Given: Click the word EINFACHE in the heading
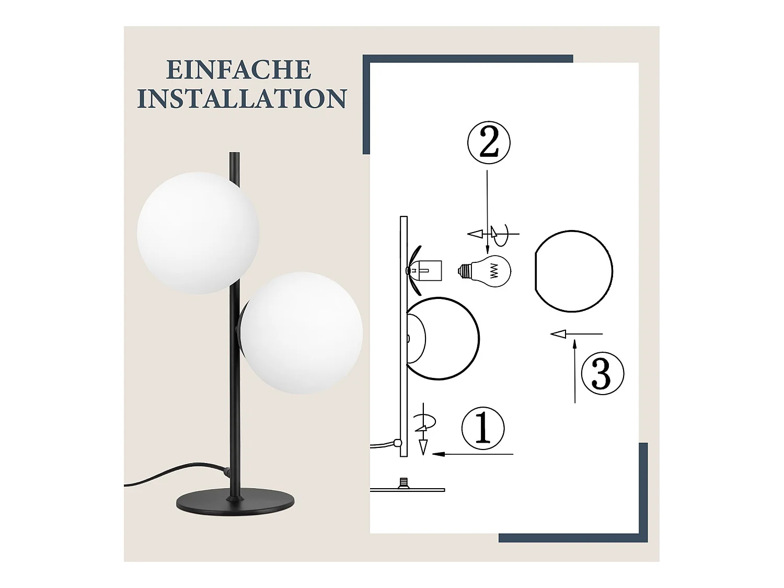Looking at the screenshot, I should point(239,70).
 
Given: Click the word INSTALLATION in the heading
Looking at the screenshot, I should point(241,99).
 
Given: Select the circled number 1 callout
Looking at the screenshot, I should point(483,428).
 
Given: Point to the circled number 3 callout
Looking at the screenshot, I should point(602,373).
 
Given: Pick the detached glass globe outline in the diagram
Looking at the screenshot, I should point(573,271).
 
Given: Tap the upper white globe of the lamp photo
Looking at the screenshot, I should point(198,233).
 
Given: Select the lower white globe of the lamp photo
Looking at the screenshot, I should point(302,333).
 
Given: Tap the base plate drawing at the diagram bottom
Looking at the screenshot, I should point(408,489).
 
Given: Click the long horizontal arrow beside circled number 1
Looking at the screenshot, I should point(473,454).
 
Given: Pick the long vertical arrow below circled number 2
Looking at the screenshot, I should point(487,209).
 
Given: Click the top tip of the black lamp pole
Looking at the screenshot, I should point(234,155).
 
